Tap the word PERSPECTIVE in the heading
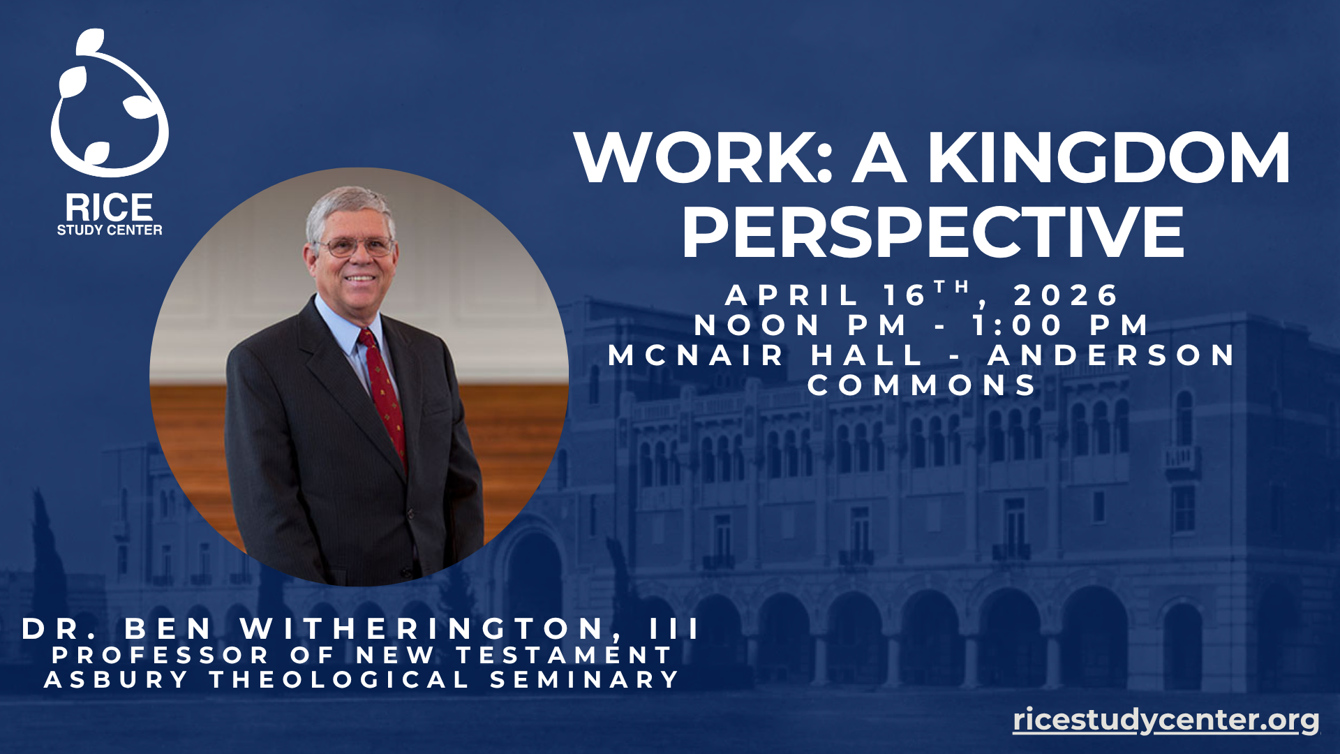click(x=933, y=232)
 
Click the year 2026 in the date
click(x=1066, y=295)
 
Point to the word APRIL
click(x=791, y=295)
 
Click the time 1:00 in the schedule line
click(x=1018, y=325)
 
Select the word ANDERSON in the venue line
click(x=1111, y=355)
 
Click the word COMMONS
click(x=922, y=385)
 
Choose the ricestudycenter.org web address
click(x=1166, y=719)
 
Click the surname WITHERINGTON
click(x=422, y=628)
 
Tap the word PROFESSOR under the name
click(x=160, y=655)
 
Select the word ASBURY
click(x=116, y=679)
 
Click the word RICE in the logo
click(x=110, y=208)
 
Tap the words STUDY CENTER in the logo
click(x=110, y=230)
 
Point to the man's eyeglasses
click(x=355, y=246)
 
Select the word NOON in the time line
click(x=757, y=325)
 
